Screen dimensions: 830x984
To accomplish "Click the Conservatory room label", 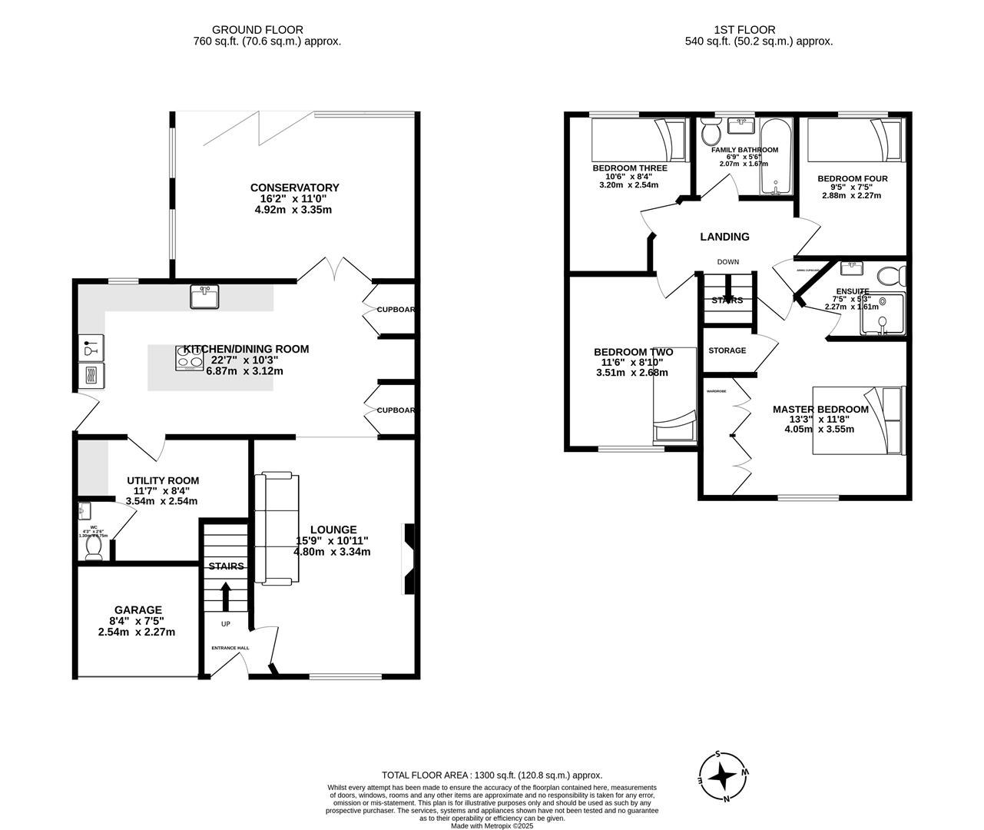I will tap(294, 188).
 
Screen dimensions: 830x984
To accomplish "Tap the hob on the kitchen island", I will tap(189, 357).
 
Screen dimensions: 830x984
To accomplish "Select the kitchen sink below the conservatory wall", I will tap(204, 297).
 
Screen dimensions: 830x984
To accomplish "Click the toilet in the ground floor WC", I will tap(94, 546).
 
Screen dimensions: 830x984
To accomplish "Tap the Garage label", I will tap(137, 610).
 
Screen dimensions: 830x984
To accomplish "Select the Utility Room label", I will tap(162, 480).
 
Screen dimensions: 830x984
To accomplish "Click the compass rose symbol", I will tap(723, 776).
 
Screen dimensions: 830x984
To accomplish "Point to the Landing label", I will tap(724, 237).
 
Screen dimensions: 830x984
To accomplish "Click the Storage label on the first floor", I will tap(727, 350).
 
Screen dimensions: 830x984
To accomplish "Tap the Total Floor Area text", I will tap(492, 775).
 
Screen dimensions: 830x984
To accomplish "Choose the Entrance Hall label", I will tap(230, 648).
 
